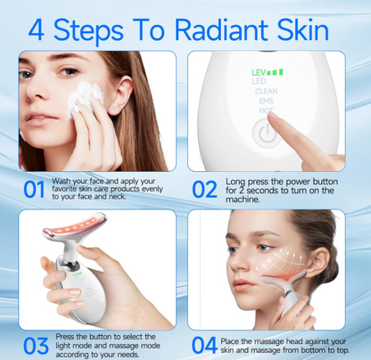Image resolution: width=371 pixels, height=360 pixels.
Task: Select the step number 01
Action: click(x=35, y=189)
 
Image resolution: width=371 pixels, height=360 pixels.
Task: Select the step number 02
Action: click(x=204, y=189)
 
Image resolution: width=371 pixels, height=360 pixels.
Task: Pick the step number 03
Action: click(x=35, y=344)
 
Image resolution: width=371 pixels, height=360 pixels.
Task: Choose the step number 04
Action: click(x=204, y=344)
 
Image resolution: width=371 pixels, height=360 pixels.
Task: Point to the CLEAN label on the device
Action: click(x=266, y=91)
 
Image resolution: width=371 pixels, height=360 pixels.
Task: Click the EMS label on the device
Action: click(x=266, y=101)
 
